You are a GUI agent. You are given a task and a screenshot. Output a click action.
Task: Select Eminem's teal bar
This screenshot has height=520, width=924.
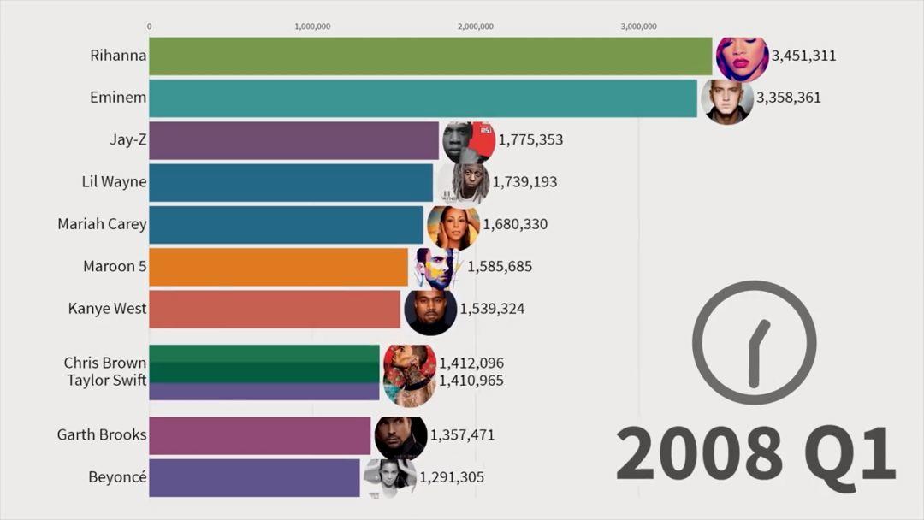(423, 98)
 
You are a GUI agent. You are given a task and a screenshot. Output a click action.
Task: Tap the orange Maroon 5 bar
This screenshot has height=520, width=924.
(278, 267)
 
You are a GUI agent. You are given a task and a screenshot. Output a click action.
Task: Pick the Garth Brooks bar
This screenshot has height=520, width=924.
(260, 435)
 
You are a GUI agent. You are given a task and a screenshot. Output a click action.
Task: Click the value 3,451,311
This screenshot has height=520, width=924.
(803, 56)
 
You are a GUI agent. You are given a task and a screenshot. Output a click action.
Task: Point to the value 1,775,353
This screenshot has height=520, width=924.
(530, 140)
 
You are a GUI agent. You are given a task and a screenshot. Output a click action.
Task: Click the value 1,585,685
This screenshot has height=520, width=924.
(500, 267)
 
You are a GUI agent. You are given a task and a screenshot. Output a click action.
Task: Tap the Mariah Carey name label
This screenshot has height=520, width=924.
(102, 224)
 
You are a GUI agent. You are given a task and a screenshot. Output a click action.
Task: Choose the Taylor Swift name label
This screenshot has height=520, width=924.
(107, 381)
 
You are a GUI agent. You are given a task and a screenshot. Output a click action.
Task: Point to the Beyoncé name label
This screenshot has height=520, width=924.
(117, 477)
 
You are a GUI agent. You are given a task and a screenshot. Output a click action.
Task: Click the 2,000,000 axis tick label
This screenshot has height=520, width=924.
(476, 27)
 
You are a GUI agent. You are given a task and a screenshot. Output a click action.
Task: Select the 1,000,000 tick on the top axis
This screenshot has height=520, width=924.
(312, 27)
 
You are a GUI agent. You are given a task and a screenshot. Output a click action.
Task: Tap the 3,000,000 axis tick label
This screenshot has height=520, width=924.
(638, 27)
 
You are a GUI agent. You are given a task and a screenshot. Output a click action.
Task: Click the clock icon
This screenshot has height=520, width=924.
(754, 342)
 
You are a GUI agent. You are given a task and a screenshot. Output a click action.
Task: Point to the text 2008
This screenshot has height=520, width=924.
(698, 453)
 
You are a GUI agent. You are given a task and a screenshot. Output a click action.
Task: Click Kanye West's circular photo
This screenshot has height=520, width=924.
(430, 310)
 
